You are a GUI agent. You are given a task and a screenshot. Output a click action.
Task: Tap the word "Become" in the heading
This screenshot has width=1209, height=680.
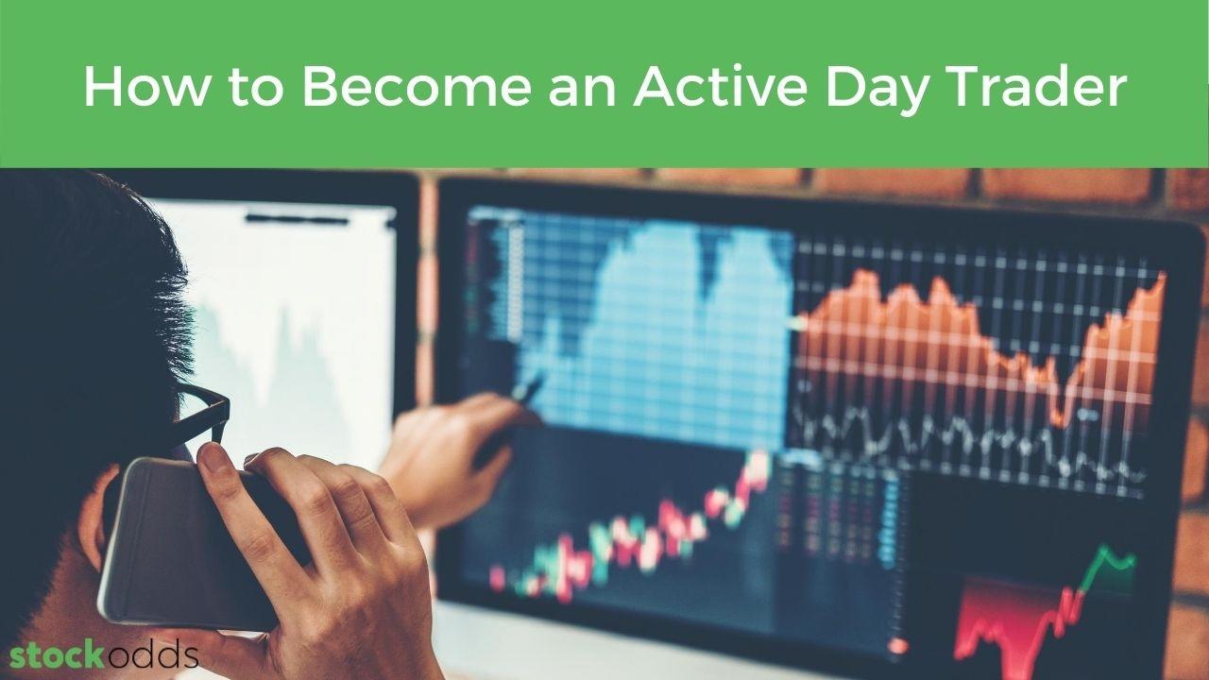pyautogui.click(x=417, y=87)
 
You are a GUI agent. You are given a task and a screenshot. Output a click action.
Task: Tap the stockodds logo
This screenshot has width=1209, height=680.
pyautogui.click(x=104, y=655)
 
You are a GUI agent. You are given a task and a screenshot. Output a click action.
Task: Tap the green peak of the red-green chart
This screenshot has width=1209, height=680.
pyautogui.click(x=1103, y=550)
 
